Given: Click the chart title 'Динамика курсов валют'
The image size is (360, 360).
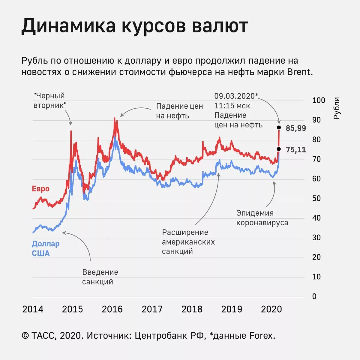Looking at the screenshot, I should click(x=135, y=26).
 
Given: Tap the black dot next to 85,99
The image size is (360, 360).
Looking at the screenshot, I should click(x=279, y=127).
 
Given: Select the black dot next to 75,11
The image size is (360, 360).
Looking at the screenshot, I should click(x=279, y=149).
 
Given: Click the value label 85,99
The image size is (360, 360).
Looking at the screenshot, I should click(x=296, y=128).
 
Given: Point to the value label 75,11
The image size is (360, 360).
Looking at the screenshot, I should click(x=296, y=149).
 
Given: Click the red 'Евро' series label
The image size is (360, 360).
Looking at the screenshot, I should click(x=40, y=189).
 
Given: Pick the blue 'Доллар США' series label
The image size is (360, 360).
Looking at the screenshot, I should click(x=46, y=249).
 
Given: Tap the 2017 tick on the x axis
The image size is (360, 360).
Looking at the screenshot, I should click(x=152, y=309).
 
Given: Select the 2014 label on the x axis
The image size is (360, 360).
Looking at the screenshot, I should click(x=33, y=309).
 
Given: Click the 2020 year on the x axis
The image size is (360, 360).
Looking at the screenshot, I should click(x=271, y=309).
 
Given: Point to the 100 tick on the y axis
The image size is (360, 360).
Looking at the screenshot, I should click(x=319, y=100).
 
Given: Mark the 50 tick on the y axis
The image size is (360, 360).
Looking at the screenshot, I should click(x=316, y=198).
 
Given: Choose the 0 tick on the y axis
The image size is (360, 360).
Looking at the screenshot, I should click(x=314, y=296).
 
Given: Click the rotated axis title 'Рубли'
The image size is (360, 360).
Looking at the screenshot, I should click(x=337, y=108).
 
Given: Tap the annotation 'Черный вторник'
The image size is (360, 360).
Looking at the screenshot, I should click(x=50, y=100).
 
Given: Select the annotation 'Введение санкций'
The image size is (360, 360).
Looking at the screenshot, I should click(x=100, y=277).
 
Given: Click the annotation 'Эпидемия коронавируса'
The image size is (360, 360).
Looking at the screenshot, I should click(x=262, y=218).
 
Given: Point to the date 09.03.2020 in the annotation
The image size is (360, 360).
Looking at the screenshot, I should click(x=235, y=96).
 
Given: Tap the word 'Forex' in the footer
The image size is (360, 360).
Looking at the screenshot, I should click(x=261, y=336).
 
